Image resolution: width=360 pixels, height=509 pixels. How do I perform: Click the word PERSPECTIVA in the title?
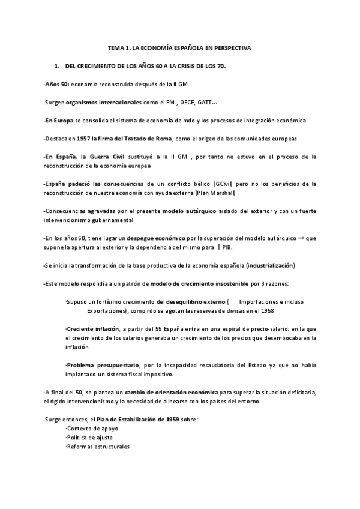230,46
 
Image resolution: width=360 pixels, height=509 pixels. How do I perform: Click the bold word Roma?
164,139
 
